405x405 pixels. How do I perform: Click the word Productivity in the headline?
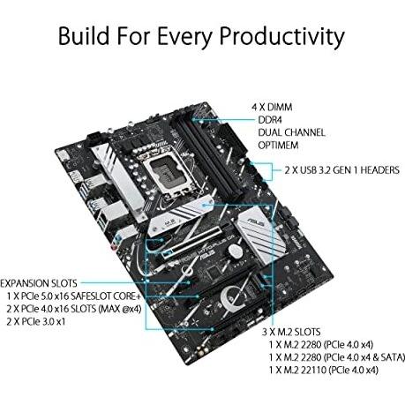click(282, 37)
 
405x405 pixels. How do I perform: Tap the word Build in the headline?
click(84, 35)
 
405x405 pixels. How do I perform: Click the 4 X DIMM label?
click(272, 107)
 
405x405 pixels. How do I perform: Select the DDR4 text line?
click(270, 120)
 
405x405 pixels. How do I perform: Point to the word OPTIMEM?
click(278, 145)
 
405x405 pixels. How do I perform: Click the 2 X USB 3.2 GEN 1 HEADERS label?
click(341, 170)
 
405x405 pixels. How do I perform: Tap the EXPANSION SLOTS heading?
click(39, 283)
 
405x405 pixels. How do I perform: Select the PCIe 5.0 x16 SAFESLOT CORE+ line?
click(74, 296)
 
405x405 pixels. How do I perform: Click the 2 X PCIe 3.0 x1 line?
click(36, 321)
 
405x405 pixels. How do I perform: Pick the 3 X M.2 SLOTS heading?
click(291, 332)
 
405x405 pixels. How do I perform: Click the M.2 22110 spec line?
click(323, 370)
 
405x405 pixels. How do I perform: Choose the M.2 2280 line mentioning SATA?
click(337, 357)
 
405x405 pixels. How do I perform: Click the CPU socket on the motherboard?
click(167, 172)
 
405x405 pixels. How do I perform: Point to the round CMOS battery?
click(235, 250)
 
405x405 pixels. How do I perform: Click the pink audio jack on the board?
click(113, 247)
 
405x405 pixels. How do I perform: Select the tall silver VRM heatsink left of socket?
click(119, 176)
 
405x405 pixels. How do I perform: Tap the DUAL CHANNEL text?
click(291, 132)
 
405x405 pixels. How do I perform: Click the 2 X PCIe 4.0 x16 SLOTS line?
click(74, 309)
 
